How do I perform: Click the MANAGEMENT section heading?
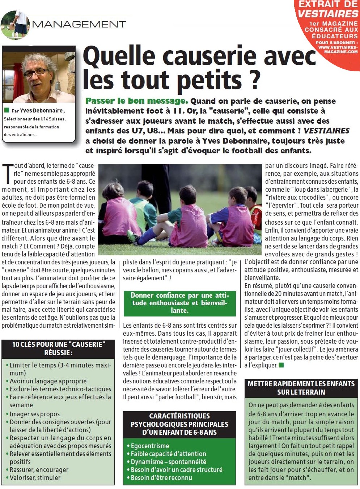pos(79,24)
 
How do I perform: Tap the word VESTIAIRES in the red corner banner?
pos(328,14)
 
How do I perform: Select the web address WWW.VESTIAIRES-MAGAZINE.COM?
pos(338,50)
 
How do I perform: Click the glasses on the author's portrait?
pos(35,72)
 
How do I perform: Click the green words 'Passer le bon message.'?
pos(136,101)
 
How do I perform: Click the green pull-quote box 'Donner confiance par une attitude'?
pos(179,303)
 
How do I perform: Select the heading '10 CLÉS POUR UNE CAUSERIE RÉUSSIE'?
pos(58,348)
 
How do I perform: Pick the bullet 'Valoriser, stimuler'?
pos(35,477)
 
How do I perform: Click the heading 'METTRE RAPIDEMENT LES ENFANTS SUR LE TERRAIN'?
pos(301,388)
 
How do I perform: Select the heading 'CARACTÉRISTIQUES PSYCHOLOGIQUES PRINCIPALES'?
pos(179,424)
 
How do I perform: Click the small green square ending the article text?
pos(281,365)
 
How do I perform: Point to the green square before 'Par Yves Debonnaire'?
pos(7,110)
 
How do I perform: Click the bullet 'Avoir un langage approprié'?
pos(48,381)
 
